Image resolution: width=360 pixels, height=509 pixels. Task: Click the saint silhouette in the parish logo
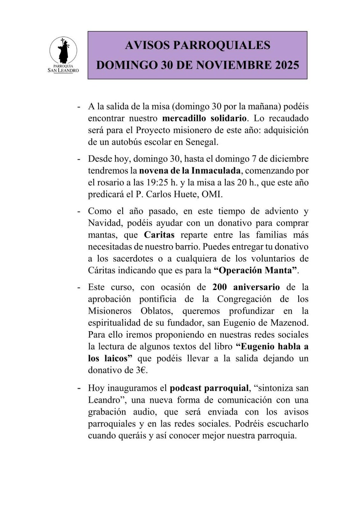click(63, 51)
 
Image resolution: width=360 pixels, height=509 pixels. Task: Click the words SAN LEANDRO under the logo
click(63, 70)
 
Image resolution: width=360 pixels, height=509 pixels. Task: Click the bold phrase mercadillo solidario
click(204, 118)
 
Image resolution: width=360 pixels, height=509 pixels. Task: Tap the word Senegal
click(202, 142)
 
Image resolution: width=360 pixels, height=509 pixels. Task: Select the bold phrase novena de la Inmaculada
click(190, 171)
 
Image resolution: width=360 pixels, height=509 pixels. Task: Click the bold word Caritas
click(159, 235)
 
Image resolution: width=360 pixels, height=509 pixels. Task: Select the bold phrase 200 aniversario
click(246, 287)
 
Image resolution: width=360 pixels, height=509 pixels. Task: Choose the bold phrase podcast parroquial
click(209, 388)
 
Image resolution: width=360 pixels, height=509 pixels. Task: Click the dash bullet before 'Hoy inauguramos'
click(79, 388)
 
